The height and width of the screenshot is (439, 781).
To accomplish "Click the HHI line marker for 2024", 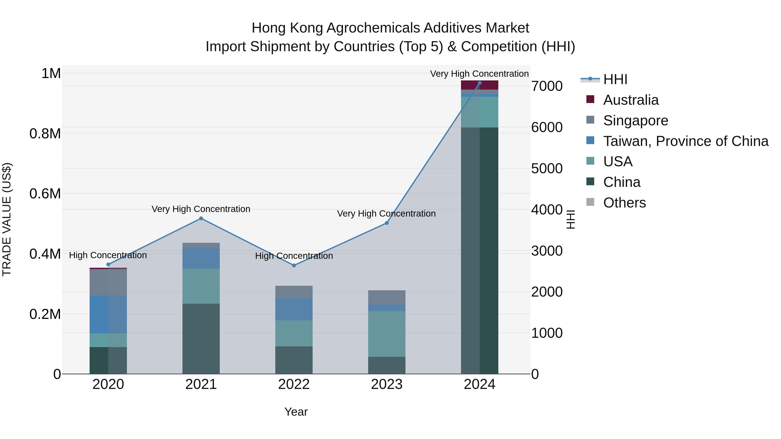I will point(479,83).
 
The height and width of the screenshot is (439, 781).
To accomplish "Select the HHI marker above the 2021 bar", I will point(201,219).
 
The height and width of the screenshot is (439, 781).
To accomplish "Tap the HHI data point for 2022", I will point(294,265).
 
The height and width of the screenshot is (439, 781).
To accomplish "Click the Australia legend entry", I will point(631,100).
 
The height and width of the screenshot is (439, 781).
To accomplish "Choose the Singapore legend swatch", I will point(590,120).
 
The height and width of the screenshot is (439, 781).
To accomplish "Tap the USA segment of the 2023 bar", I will point(387,334).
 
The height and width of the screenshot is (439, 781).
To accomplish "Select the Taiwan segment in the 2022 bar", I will point(294,309).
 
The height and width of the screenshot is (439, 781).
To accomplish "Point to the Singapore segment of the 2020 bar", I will point(108,282).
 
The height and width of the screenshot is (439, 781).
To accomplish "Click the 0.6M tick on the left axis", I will point(45,194).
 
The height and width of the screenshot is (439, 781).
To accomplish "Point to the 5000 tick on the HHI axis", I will point(547,168).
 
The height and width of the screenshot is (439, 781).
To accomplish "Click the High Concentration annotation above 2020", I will point(108,255).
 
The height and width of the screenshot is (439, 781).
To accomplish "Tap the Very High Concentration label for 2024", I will point(479,74).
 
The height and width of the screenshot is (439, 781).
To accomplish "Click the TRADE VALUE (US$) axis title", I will point(7,219).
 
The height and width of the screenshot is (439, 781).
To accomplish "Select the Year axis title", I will point(296,412).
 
